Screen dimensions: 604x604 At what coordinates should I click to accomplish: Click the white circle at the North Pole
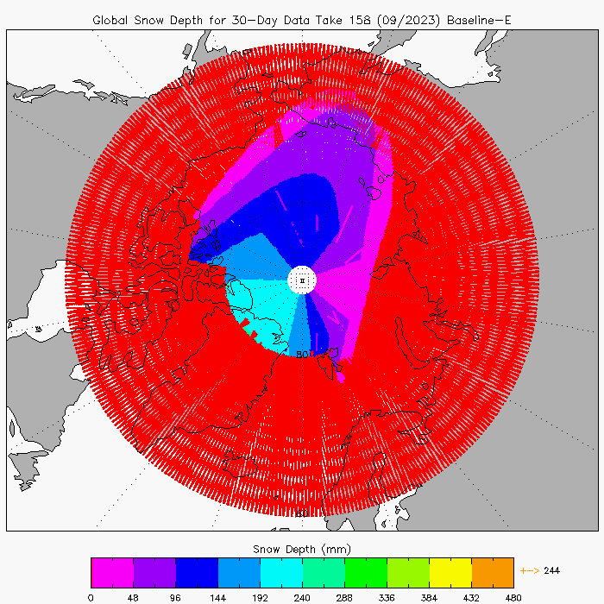[x=302, y=280]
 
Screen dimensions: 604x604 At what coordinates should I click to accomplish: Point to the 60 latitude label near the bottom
[x=301, y=513]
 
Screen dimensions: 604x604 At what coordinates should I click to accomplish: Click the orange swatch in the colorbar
[x=492, y=572]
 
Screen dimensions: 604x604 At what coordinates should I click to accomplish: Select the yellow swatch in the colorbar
[x=450, y=572]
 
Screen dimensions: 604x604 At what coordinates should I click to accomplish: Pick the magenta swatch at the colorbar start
[x=111, y=572]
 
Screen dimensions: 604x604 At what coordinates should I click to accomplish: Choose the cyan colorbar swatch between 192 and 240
[x=280, y=572]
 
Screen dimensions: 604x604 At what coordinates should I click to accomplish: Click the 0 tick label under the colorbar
[x=91, y=595]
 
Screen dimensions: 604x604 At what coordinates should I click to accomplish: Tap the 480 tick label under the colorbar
[x=513, y=595]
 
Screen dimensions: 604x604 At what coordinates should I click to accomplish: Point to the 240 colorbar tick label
[x=302, y=595]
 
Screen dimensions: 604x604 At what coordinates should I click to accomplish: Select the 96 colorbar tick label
[x=175, y=595]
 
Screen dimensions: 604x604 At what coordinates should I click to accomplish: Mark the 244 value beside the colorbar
[x=553, y=570]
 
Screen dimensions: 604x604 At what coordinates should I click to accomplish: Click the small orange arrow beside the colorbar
[x=529, y=570]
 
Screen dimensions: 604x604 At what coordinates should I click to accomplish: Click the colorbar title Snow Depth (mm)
[x=302, y=549]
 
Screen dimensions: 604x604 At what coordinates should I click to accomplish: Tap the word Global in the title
[x=113, y=19]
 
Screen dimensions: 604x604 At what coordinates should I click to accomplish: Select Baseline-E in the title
[x=476, y=19]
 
